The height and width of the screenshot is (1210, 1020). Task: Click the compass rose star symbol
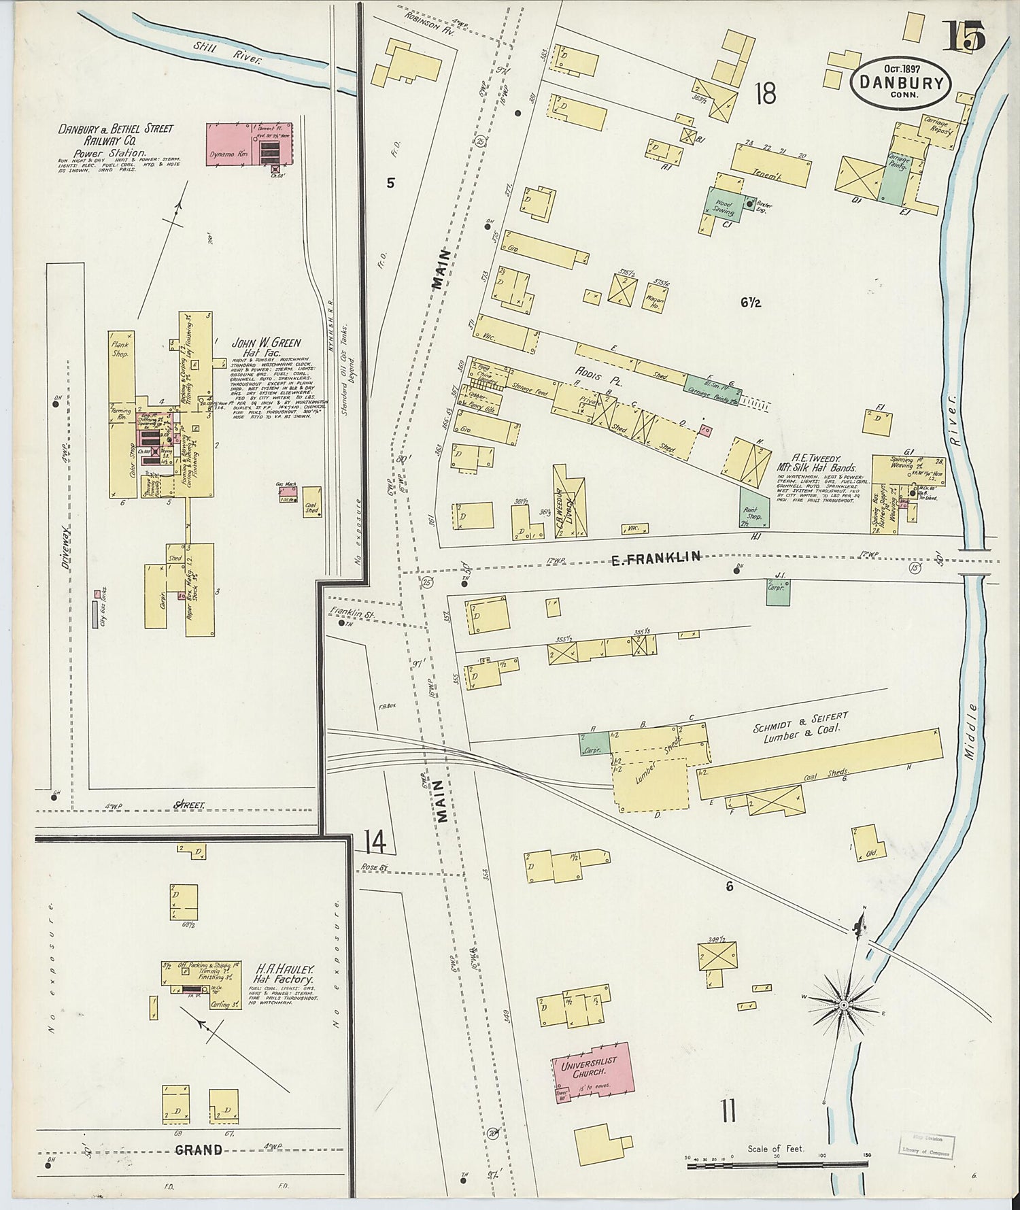[844, 1005]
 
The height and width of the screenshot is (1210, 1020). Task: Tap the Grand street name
[199, 1150]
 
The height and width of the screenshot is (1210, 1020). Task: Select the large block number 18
[765, 94]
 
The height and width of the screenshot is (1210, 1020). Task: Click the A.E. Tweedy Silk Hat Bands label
[817, 463]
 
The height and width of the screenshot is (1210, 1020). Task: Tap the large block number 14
[375, 842]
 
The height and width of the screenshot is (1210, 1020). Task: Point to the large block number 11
[728, 1113]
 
